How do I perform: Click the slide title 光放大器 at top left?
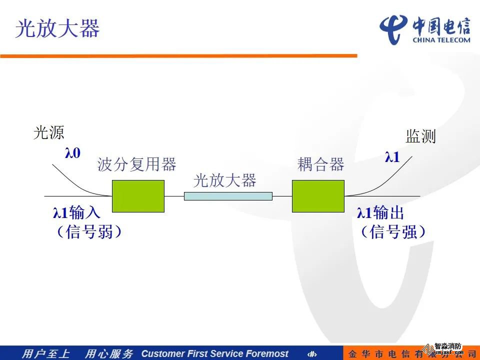pos(57,28)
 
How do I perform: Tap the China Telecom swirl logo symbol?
pos(393,29)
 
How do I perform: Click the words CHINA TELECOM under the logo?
pos(441,40)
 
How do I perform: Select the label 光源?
pos(48,132)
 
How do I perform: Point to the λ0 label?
pos(72,153)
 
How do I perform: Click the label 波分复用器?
pos(137,164)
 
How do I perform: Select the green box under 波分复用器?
pos(138,196)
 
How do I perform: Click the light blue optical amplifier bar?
pos(228,196)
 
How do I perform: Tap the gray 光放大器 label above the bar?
pos(224,180)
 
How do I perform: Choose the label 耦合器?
pos(321,164)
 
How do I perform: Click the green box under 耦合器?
pos(318,196)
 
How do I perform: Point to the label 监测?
pos(420,136)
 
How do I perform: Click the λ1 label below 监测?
pos(392,157)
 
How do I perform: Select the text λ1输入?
pos(76,212)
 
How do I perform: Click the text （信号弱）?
pos(89,231)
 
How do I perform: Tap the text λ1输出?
pos(380,212)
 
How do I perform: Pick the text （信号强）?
pos(393,231)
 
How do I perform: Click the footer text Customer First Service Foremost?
pos(214,353)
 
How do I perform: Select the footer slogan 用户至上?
pos(45,353)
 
